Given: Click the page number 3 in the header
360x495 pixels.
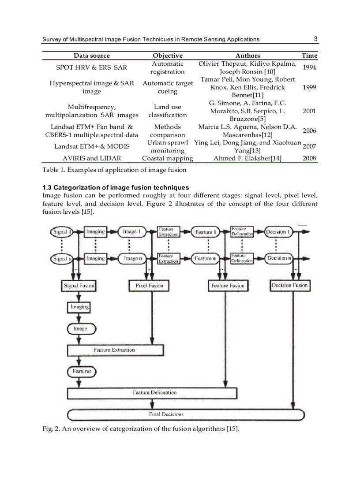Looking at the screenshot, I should [x=315, y=39].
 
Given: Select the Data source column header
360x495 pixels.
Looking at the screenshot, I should [x=92, y=56].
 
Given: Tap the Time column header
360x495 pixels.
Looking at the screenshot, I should [x=309, y=56].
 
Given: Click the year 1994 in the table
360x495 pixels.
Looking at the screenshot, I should [x=309, y=67].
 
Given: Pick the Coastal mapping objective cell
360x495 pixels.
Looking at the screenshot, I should [x=167, y=158].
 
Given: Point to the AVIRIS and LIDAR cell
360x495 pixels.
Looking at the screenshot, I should [x=92, y=158].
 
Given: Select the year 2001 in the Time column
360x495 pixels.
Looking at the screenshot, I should [x=309, y=111].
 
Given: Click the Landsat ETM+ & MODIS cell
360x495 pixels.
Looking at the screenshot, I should [x=92, y=146].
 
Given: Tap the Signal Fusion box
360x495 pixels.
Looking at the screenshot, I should [x=79, y=286].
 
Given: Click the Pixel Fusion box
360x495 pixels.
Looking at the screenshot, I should [x=149, y=286].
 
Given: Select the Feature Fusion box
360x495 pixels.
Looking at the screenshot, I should [x=227, y=286].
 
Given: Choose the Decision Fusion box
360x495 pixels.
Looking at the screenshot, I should [x=289, y=286].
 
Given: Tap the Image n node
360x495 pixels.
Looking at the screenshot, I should [x=131, y=259].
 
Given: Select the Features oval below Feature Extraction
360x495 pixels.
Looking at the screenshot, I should [x=82, y=372].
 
